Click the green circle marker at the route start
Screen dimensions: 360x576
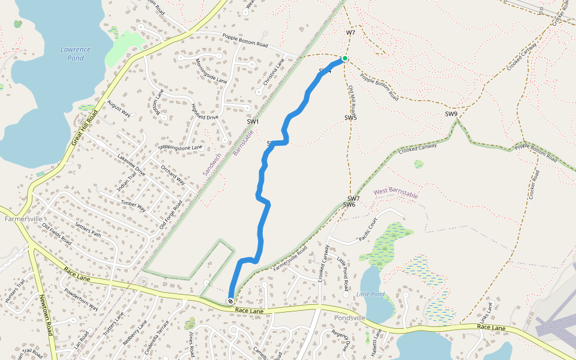pyautogui.click(x=345, y=59)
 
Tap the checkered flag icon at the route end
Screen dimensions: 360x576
pyautogui.click(x=230, y=301)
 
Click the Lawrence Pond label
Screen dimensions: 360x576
pyautogui.click(x=76, y=53)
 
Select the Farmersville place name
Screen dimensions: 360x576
pyautogui.click(x=23, y=219)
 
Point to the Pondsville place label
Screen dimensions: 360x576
pyautogui.click(x=350, y=317)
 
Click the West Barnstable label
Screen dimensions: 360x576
pyautogui.click(x=395, y=193)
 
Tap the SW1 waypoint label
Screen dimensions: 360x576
pyautogui.click(x=253, y=122)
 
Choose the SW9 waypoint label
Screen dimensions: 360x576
pyautogui.click(x=451, y=114)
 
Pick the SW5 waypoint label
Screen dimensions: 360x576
pyautogui.click(x=350, y=118)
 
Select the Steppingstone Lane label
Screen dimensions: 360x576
pyautogui.click(x=181, y=147)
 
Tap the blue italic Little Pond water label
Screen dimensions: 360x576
pyautogui.click(x=370, y=294)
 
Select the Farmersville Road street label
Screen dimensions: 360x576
pyautogui.click(x=290, y=258)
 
